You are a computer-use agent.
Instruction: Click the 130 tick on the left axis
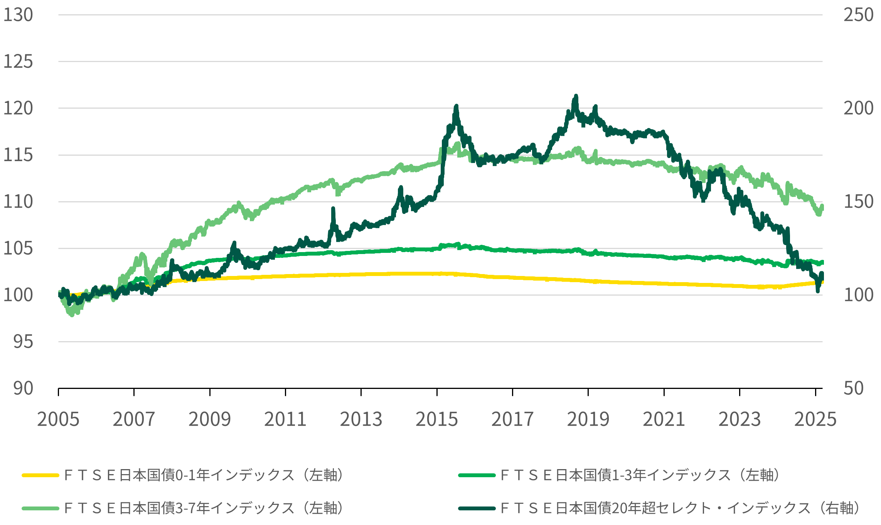click(x=18, y=15)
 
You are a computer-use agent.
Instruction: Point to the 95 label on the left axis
click(x=23, y=342)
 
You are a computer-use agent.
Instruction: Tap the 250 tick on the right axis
click(x=858, y=15)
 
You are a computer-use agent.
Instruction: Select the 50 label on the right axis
click(x=853, y=389)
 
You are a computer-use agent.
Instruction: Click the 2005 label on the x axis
click(x=58, y=419)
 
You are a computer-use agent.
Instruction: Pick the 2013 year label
click(x=361, y=419)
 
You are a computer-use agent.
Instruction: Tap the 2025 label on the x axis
click(x=815, y=419)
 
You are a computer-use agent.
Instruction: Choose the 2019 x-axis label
click(x=588, y=419)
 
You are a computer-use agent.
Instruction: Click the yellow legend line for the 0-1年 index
click(x=40, y=475)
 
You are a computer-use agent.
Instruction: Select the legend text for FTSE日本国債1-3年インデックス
click(x=640, y=475)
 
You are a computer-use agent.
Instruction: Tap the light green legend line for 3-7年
click(x=40, y=508)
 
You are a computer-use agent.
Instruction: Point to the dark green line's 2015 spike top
click(x=456, y=106)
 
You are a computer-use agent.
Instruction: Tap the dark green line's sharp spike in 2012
click(x=333, y=209)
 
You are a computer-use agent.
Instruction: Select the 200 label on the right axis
click(x=858, y=108)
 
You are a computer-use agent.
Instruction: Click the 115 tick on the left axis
click(x=18, y=155)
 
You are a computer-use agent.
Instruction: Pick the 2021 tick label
click(x=664, y=419)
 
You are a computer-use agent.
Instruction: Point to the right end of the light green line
click(x=822, y=207)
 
